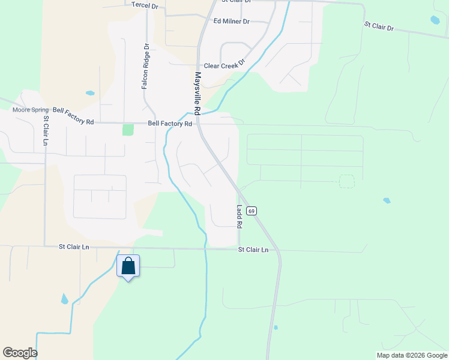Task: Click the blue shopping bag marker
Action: click(x=128, y=266)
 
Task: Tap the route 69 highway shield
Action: click(x=252, y=211)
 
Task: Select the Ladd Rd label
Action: click(x=239, y=217)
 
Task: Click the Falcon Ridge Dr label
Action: click(x=145, y=67)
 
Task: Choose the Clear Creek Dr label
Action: click(x=225, y=65)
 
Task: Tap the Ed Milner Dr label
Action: click(x=231, y=21)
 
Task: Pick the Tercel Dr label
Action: click(x=145, y=5)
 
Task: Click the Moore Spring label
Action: click(x=31, y=110)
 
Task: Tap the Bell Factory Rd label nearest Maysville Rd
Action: click(x=170, y=124)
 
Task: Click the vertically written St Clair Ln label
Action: click(x=46, y=131)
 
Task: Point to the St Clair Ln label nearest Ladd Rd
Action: click(x=253, y=250)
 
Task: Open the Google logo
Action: click(x=20, y=353)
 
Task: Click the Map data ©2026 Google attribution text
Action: click(x=412, y=355)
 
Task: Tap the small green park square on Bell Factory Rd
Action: click(x=128, y=130)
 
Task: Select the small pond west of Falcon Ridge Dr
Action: click(x=90, y=93)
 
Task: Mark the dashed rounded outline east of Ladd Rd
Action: click(x=346, y=181)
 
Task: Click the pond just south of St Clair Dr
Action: click(x=435, y=20)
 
